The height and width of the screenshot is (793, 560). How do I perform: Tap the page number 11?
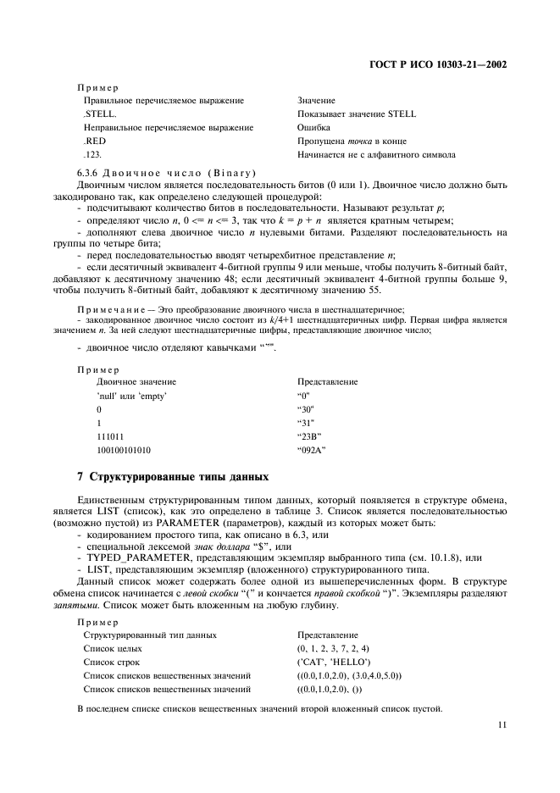[x=502, y=724]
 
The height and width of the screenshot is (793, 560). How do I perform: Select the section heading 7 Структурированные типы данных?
[x=174, y=477]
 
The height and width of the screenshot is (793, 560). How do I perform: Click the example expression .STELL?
[x=100, y=114]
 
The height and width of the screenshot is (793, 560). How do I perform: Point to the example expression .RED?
[x=94, y=141]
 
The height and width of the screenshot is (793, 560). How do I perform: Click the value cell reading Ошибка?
[x=313, y=127]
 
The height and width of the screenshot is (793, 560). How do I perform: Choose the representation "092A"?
[x=312, y=449]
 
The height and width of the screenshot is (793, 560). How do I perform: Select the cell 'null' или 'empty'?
[x=131, y=395]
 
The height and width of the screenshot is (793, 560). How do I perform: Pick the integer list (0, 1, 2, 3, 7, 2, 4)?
[x=334, y=648]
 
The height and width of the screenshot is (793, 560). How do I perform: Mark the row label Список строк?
[x=111, y=662]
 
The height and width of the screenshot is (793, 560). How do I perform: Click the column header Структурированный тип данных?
[x=150, y=635]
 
